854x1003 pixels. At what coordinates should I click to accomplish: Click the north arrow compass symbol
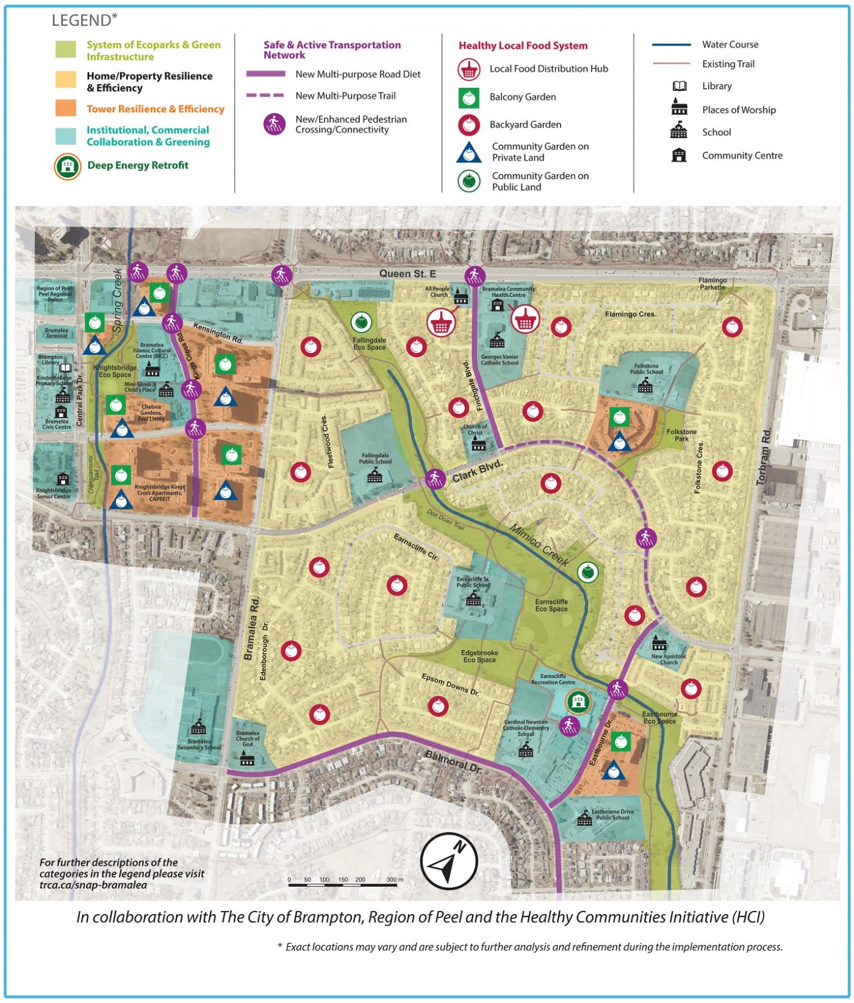pyautogui.click(x=449, y=861)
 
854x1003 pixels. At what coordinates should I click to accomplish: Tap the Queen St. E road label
pyautogui.click(x=407, y=274)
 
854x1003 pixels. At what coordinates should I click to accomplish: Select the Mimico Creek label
pyautogui.click(x=539, y=545)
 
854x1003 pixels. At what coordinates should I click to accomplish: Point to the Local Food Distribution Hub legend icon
pyautogui.click(x=468, y=70)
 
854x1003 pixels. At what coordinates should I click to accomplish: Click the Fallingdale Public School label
pyautogui.click(x=375, y=459)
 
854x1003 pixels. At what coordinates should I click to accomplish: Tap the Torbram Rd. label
pyautogui.click(x=764, y=457)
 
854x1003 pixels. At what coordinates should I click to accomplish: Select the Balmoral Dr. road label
pyautogui.click(x=453, y=762)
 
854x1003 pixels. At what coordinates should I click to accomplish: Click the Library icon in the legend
pyautogui.click(x=679, y=87)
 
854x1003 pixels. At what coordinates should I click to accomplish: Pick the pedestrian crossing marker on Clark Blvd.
pyautogui.click(x=435, y=479)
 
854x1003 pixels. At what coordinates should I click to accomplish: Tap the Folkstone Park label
pyautogui.click(x=681, y=435)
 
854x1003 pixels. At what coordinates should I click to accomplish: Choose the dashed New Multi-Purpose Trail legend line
pyautogui.click(x=265, y=96)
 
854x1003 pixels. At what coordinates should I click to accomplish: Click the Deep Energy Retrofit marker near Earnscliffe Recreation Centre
pyautogui.click(x=577, y=701)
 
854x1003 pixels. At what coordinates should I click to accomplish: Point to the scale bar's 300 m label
pyautogui.click(x=395, y=880)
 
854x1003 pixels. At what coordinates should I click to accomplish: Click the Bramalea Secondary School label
pyautogui.click(x=199, y=744)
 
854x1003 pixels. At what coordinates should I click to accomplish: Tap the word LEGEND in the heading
pyautogui.click(x=81, y=21)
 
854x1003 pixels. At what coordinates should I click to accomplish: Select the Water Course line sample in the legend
pyautogui.click(x=671, y=45)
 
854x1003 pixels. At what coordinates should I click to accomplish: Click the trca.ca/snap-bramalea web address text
pyautogui.click(x=93, y=885)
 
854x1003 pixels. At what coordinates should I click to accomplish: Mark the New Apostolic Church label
pyautogui.click(x=669, y=659)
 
